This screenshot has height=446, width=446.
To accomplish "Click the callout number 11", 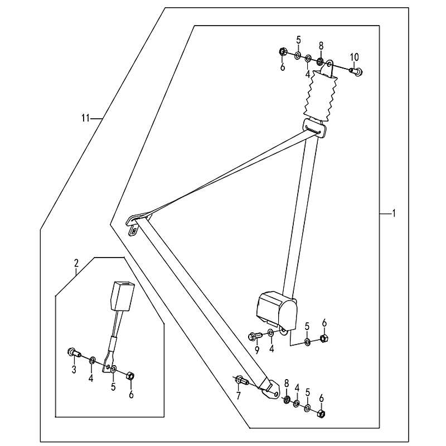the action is pos(86,118).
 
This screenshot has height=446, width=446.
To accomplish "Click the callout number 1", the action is pos(394,213).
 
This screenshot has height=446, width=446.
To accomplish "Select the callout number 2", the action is pos(76,263).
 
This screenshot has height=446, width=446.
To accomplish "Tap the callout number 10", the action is pos(355,57).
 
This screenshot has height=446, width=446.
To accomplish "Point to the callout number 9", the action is pos(257,350).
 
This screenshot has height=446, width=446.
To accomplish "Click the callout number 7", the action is pos(238,395).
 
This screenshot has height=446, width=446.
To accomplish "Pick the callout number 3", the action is pos(74,370).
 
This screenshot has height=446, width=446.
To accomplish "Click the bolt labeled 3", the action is pos(74,353).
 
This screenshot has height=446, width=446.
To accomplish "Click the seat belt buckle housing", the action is pos(123,296).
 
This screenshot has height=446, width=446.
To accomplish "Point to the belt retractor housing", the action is pos(277,309).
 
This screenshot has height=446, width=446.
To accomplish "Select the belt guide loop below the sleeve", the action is pos(314,128).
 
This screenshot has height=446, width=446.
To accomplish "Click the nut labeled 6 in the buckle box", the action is pos(130,375).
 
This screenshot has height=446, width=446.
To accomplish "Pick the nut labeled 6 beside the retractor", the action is pos(324,338).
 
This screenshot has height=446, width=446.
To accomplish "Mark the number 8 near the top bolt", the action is pos(321,46).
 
